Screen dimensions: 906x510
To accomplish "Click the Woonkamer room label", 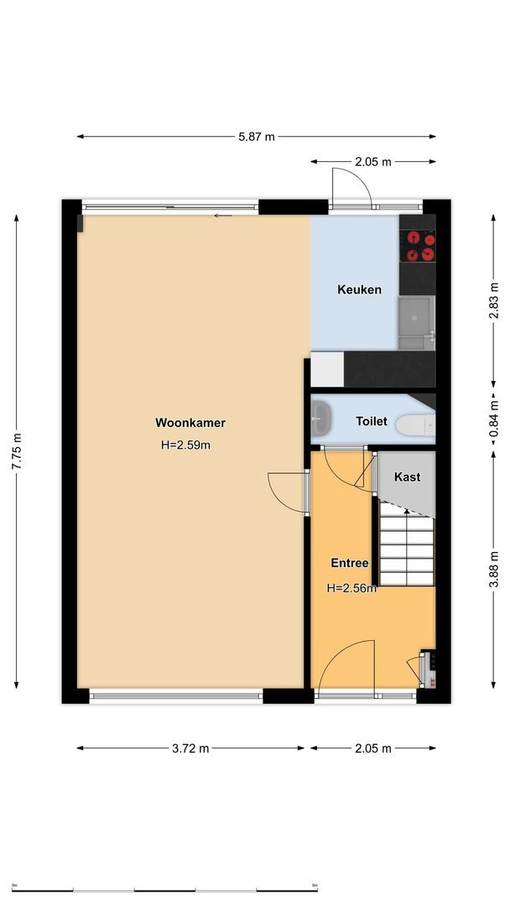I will (190, 423).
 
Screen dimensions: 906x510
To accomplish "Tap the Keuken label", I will (359, 289).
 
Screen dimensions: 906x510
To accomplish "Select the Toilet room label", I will (372, 421).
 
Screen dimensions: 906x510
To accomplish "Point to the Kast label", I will (407, 476).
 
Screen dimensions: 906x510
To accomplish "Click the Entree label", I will (349, 563).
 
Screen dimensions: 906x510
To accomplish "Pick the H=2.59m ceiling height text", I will (185, 445).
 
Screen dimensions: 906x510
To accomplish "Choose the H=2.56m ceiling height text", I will (351, 588).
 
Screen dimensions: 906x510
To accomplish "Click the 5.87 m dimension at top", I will (257, 137).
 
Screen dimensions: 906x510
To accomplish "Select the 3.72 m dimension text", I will (190, 748).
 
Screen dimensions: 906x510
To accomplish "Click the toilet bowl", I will (415, 426).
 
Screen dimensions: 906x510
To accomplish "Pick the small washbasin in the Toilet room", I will (319, 412).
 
